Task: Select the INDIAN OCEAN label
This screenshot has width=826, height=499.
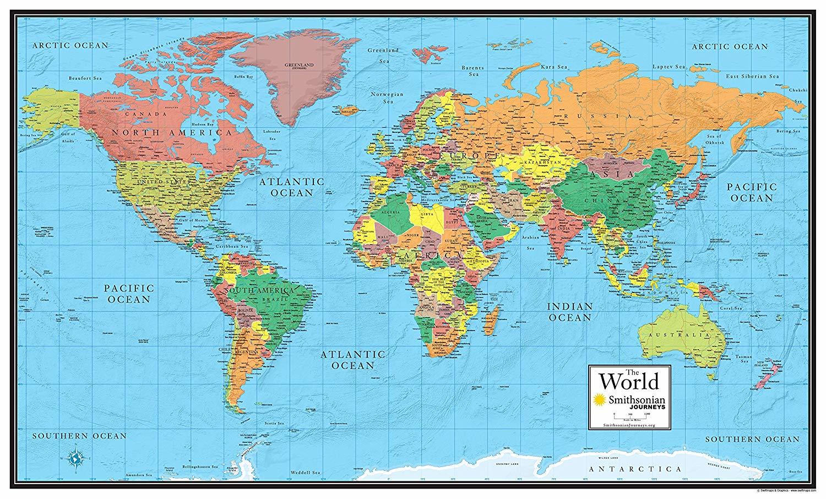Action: point(569,312)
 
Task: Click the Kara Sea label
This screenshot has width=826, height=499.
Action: point(554,67)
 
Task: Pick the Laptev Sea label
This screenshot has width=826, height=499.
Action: point(670,67)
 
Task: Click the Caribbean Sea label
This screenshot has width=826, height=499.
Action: point(231,247)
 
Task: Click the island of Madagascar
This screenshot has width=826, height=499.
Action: point(494,316)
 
